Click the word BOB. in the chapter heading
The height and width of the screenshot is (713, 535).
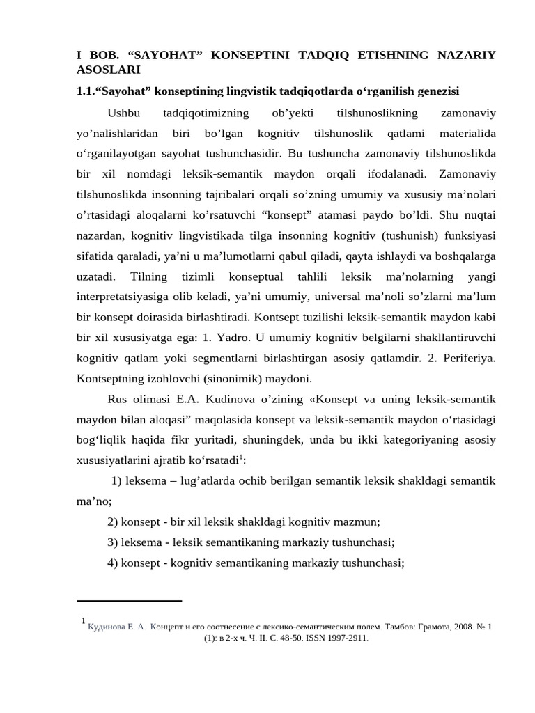[99, 55]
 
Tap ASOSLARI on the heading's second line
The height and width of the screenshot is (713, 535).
[108, 70]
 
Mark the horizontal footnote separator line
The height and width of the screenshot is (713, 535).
[129, 600]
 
